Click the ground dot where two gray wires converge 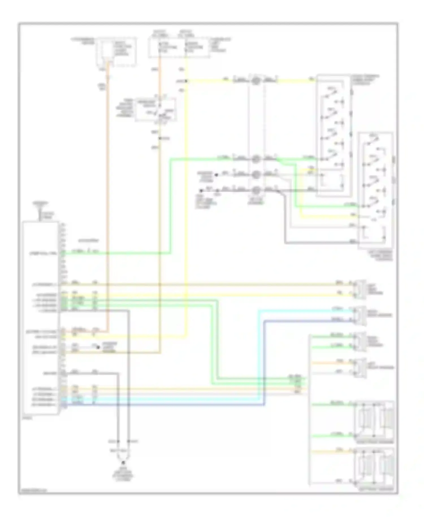point(123,463)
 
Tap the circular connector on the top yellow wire point(256,80)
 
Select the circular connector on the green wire point(256,159)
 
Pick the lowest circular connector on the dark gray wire point(256,190)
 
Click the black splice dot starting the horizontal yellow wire point(186,81)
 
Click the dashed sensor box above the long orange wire point(116,52)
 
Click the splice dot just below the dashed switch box point(160,138)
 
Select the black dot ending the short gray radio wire point(98,347)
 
